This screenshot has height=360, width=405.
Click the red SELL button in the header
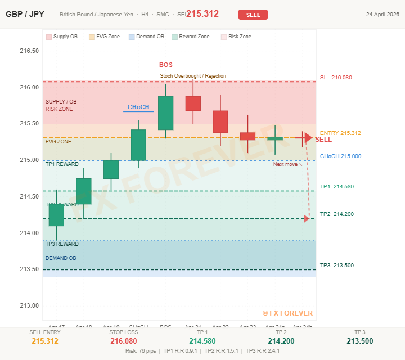pos(253,15)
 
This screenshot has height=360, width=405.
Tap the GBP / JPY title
pos(25,14)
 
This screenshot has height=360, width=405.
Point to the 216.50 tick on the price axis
pos(29,51)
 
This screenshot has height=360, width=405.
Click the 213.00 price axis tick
pos(29,306)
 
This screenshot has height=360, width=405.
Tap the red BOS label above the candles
pos(166,65)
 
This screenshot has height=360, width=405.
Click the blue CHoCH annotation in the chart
pos(138,107)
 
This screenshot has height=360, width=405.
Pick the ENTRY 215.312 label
pos(340,133)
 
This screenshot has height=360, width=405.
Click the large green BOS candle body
pos(166,113)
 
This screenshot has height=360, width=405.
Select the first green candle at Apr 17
pos(56,215)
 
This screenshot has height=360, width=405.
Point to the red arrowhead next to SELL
pos(307,137)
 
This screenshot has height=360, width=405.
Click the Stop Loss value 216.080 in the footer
pos(124,341)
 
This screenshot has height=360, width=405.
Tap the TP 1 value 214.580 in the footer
pos(202,341)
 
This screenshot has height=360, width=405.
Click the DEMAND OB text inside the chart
pos(61,258)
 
